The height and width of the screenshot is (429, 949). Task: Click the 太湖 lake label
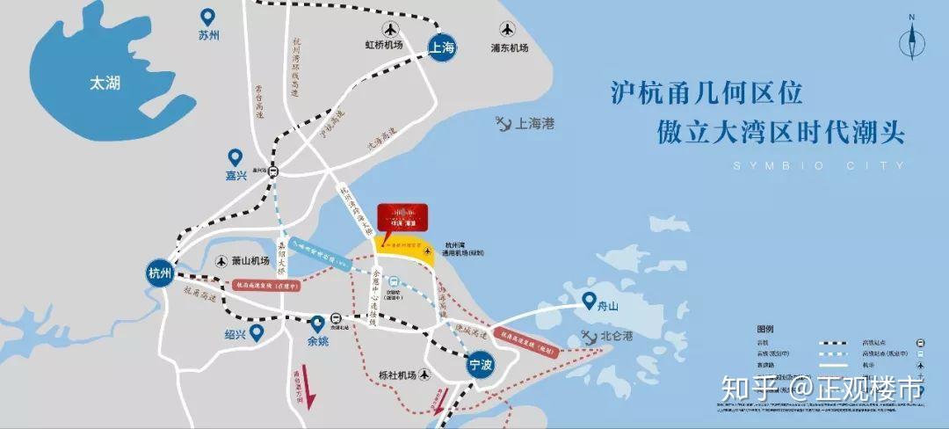pos(104,84)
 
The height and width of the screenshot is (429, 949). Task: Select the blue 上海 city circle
pos(443,49)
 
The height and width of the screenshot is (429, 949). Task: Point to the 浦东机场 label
pos(510,48)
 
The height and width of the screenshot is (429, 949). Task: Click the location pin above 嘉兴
pos(235,156)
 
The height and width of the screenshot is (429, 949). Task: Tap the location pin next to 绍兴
pos(257,332)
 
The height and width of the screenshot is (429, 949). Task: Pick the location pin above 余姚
pos(317,324)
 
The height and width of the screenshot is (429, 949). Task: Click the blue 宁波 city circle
pos(480,363)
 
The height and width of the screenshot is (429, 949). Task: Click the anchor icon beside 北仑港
pos(588,337)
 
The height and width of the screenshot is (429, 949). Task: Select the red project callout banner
pos(402,216)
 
